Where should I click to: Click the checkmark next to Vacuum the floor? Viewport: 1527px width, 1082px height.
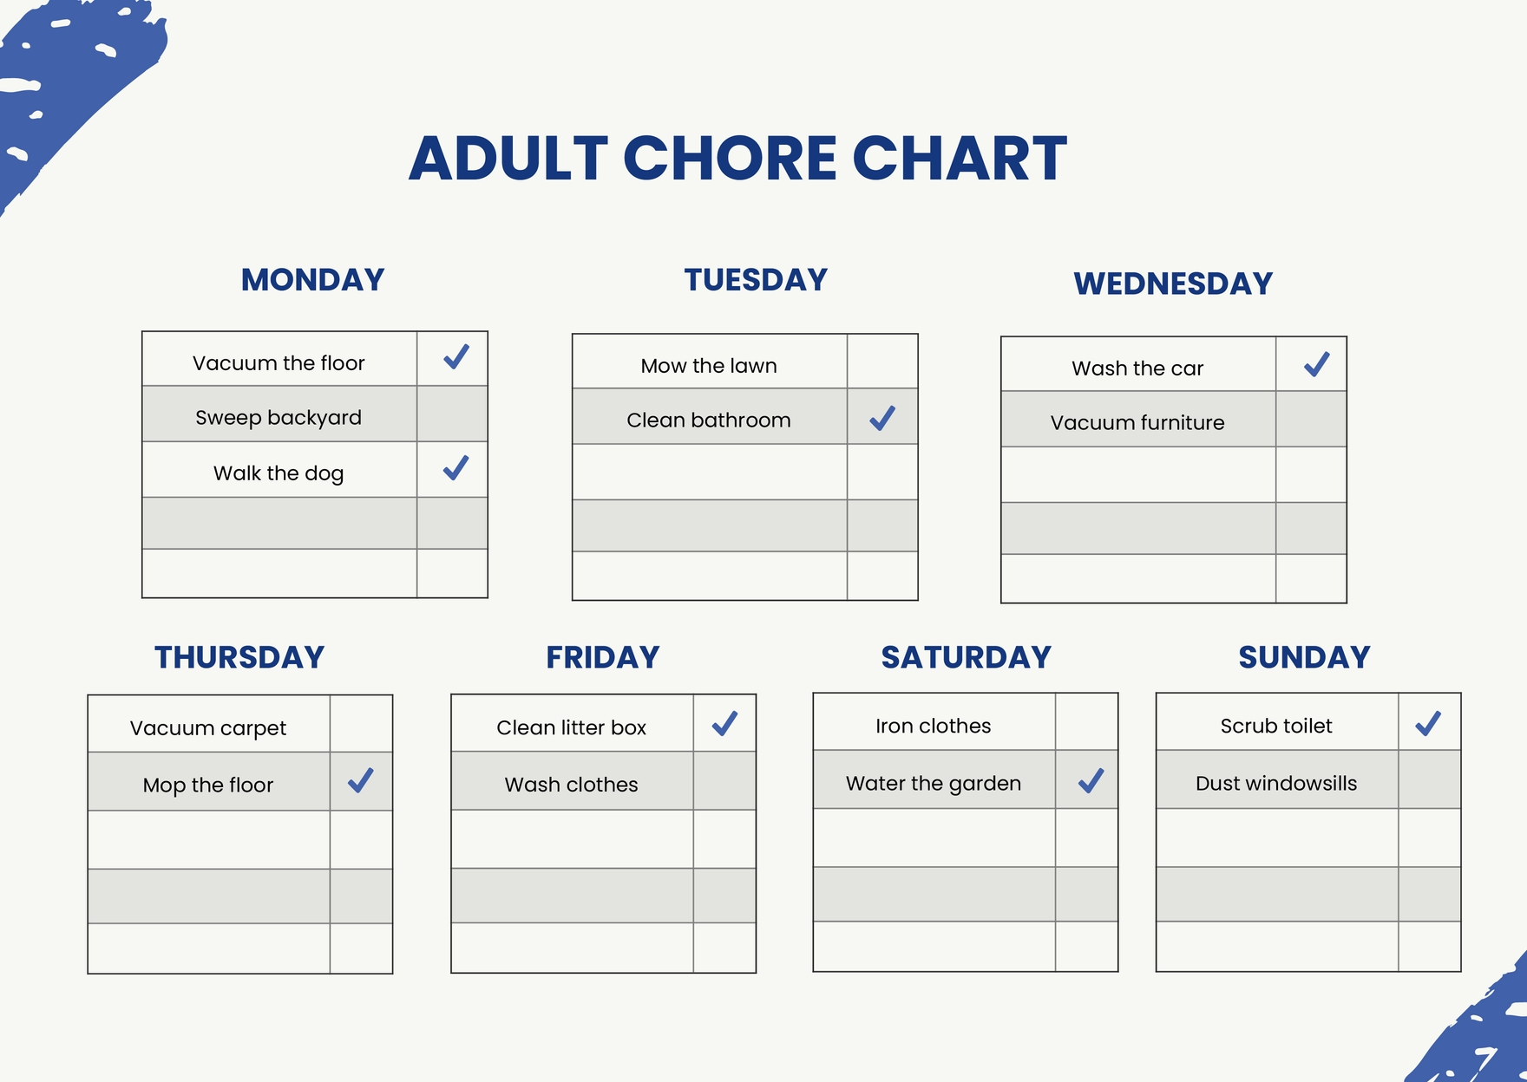455,357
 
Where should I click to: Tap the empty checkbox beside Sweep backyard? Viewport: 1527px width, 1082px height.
452,414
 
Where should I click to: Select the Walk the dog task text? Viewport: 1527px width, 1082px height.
279,473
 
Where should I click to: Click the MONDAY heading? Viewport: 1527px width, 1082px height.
312,280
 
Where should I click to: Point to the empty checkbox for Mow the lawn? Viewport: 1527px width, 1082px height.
882,362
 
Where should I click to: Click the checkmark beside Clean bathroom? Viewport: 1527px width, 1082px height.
882,418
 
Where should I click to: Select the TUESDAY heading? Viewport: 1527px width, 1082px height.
756,280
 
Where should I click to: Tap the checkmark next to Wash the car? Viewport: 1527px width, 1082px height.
1316,364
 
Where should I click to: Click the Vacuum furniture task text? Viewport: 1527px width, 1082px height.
1137,423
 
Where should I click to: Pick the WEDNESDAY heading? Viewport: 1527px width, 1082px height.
1173,284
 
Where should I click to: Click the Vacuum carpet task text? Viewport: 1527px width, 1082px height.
208,728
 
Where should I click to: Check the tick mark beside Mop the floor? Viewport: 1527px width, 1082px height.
361,780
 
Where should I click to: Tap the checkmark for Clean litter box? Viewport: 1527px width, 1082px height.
724,724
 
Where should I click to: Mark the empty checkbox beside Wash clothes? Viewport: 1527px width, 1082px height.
724,781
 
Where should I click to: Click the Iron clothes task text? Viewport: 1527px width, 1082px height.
933,727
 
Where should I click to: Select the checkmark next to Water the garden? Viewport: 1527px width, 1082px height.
1091,781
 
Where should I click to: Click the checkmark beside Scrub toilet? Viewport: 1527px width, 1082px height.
1428,724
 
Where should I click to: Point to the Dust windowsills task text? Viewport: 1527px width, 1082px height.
1276,784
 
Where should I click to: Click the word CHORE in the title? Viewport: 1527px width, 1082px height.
730,159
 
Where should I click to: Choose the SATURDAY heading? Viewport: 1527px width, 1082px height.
966,657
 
